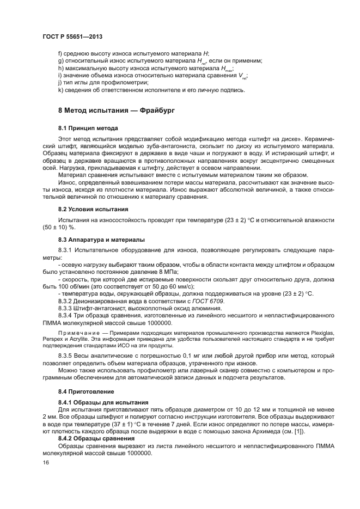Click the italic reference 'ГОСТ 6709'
(207, 301)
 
